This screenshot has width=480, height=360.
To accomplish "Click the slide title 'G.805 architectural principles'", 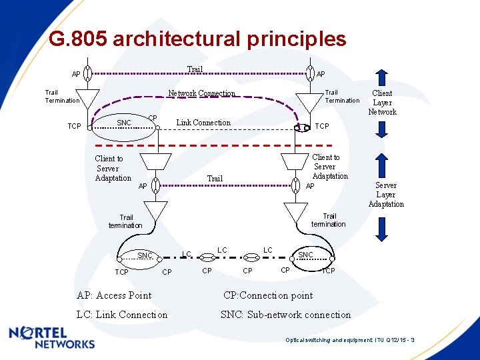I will click(x=197, y=39).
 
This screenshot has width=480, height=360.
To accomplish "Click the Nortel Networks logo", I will click(x=52, y=338).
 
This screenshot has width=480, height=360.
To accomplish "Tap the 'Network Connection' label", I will click(x=201, y=93).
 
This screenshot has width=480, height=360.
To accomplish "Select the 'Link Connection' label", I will click(x=203, y=123).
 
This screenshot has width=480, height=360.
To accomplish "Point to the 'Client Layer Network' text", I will click(x=382, y=103).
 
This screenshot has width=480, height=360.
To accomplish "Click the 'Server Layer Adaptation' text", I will click(x=386, y=195).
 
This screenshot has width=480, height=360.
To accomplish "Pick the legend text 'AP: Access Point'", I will click(x=114, y=295).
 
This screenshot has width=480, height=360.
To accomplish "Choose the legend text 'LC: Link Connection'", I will click(x=122, y=315).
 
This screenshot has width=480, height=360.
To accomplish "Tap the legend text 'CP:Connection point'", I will click(x=268, y=295).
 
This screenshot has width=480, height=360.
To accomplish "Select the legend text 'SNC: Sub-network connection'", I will click(x=285, y=315).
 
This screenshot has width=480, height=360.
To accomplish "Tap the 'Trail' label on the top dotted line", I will click(x=195, y=69).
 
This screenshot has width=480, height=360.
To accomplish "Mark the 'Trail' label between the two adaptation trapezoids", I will click(x=215, y=178).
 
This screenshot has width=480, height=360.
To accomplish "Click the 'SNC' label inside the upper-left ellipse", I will click(x=124, y=123).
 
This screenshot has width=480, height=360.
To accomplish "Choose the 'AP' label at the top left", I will click(x=77, y=74).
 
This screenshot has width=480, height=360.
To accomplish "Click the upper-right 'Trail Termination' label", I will click(x=341, y=97).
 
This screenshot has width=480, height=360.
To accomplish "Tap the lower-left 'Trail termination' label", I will click(x=125, y=221).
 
